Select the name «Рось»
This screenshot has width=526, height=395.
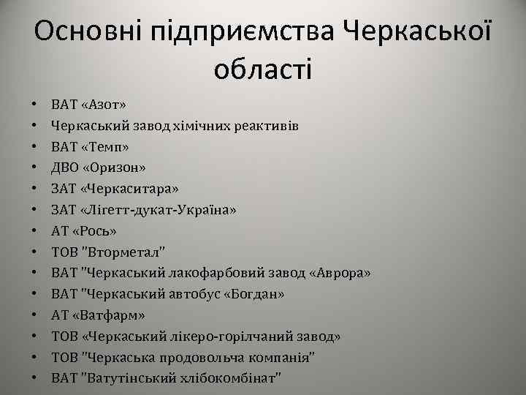(x=94, y=231)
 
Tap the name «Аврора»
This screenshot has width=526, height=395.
(x=341, y=273)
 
